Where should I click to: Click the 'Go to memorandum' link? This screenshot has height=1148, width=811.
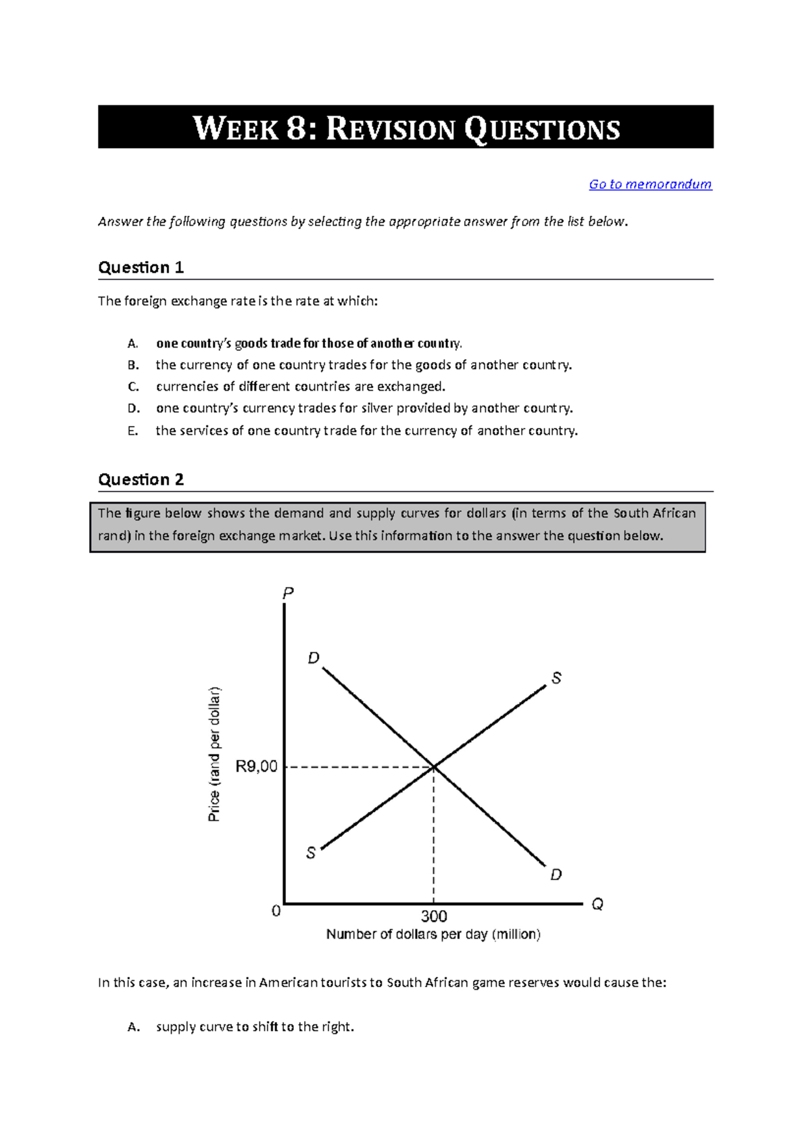[650, 184]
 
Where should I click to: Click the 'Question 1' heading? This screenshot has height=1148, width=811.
[141, 268]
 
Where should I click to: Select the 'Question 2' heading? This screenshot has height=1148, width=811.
[141, 480]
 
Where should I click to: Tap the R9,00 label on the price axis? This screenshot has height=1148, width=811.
[256, 767]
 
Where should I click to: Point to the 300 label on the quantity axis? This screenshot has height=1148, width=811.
[434, 916]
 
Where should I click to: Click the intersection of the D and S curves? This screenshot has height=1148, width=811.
[434, 767]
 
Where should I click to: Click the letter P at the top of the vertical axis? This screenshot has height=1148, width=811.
[288, 594]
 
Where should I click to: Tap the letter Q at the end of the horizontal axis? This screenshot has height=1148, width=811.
[597, 904]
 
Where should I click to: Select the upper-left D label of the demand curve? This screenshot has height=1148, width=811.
[314, 658]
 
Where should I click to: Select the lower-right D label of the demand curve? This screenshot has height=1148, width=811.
[556, 875]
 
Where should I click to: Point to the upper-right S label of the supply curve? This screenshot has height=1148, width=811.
[556, 678]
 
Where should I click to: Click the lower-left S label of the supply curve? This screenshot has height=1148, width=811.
[311, 853]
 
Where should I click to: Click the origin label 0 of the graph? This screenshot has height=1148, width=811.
[276, 911]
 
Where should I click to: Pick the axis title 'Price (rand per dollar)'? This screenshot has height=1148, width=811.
[214, 754]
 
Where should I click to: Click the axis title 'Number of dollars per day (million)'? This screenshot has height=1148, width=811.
[433, 934]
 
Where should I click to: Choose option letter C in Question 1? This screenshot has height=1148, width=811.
[133, 387]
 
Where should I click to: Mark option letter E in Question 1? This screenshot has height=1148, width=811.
[132, 431]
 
